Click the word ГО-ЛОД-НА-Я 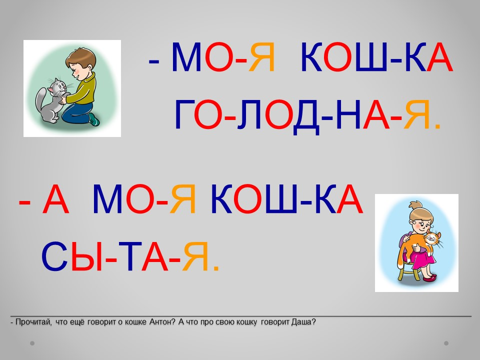[307, 115]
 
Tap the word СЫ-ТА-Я [130, 257]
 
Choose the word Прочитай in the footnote [33, 322]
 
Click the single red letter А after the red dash [55, 199]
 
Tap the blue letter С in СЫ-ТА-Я [54, 257]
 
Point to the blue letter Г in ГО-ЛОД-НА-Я [184, 115]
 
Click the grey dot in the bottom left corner [32, 343]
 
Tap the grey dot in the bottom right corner [446, 343]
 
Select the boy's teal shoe [94, 119]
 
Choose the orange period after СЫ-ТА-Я [216, 268]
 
